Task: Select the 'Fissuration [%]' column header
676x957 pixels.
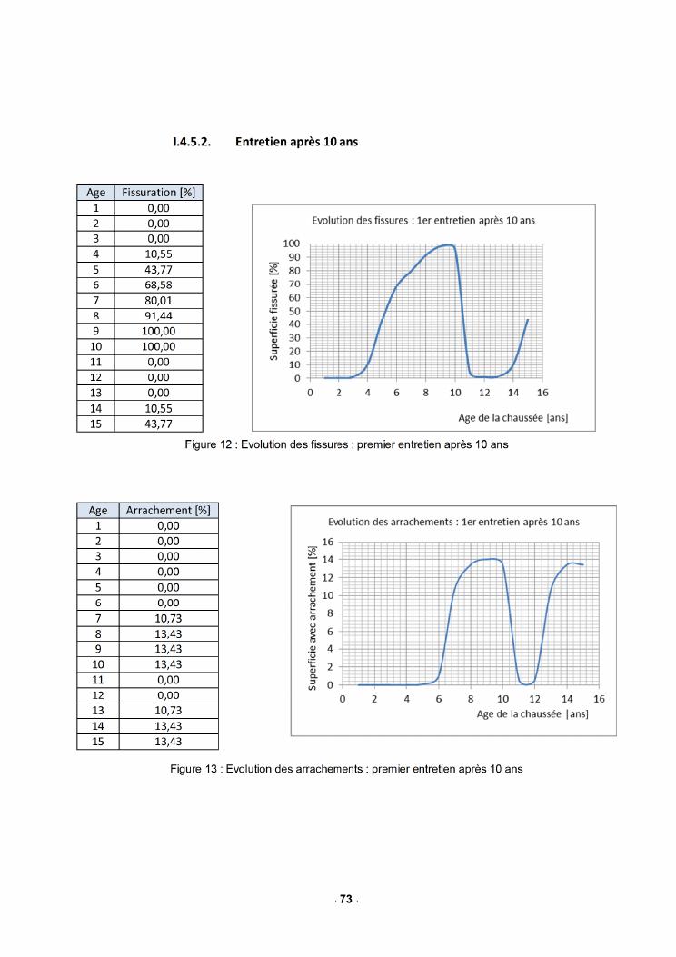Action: tap(158, 193)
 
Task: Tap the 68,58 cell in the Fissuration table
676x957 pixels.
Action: tap(158, 284)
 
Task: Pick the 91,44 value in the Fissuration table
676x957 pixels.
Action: tap(158, 315)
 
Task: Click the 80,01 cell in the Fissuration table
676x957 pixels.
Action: tap(158, 300)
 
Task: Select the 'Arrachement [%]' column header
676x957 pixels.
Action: tap(167, 511)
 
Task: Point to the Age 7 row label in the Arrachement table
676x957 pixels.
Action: tap(97, 618)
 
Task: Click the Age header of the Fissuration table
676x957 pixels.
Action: tap(95, 193)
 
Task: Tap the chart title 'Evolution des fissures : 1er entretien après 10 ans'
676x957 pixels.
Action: tap(423, 220)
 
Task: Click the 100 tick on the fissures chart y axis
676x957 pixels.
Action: tap(291, 244)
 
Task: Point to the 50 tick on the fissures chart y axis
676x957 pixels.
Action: tap(293, 311)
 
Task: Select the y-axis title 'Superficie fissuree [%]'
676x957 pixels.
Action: tap(273, 311)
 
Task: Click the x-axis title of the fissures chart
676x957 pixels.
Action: tap(513, 417)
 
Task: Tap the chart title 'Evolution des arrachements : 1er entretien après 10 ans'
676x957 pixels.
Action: tap(453, 522)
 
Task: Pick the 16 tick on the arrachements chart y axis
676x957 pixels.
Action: tap(330, 542)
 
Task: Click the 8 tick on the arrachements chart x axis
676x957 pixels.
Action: tap(471, 700)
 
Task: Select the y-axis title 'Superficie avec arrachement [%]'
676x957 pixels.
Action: tap(312, 616)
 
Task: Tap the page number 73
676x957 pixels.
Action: tap(345, 899)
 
